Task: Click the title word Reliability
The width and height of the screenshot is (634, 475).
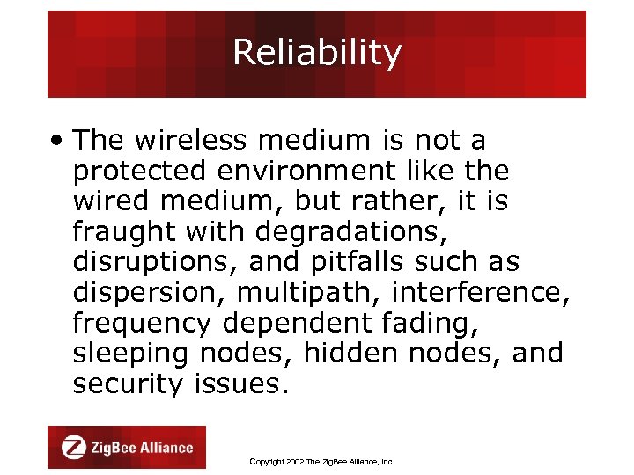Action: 316,54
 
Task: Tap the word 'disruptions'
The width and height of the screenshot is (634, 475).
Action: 155,262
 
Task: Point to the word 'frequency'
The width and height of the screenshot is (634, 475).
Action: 142,324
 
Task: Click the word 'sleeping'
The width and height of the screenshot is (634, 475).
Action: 130,354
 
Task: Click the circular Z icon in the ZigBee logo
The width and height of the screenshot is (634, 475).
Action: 73,448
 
